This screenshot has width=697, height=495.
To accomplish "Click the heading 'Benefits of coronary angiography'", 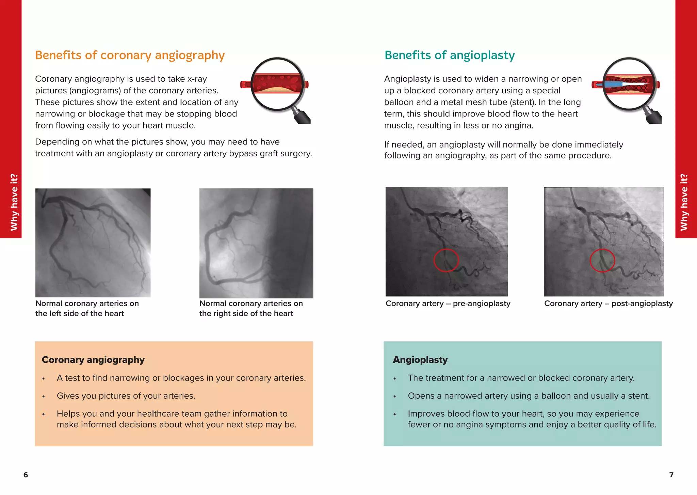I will pyautogui.click(x=130, y=55).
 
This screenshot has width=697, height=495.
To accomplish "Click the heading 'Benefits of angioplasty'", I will pyautogui.click(x=449, y=55).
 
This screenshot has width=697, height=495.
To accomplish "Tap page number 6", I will pyautogui.click(x=26, y=475).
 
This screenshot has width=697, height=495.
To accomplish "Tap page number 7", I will pyautogui.click(x=671, y=475).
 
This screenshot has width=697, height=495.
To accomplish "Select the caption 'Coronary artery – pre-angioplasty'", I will pyautogui.click(x=448, y=304).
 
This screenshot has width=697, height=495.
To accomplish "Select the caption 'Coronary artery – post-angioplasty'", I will pyautogui.click(x=608, y=304).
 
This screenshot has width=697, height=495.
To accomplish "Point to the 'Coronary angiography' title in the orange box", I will pyautogui.click(x=93, y=360).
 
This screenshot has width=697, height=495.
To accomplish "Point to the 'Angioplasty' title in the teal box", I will pyautogui.click(x=420, y=360).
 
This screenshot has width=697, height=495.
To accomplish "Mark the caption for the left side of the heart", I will pyautogui.click(x=87, y=308).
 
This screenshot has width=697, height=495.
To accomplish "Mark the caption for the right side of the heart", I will pyautogui.click(x=251, y=308).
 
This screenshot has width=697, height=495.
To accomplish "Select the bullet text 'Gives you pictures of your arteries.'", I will pyautogui.click(x=126, y=396).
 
